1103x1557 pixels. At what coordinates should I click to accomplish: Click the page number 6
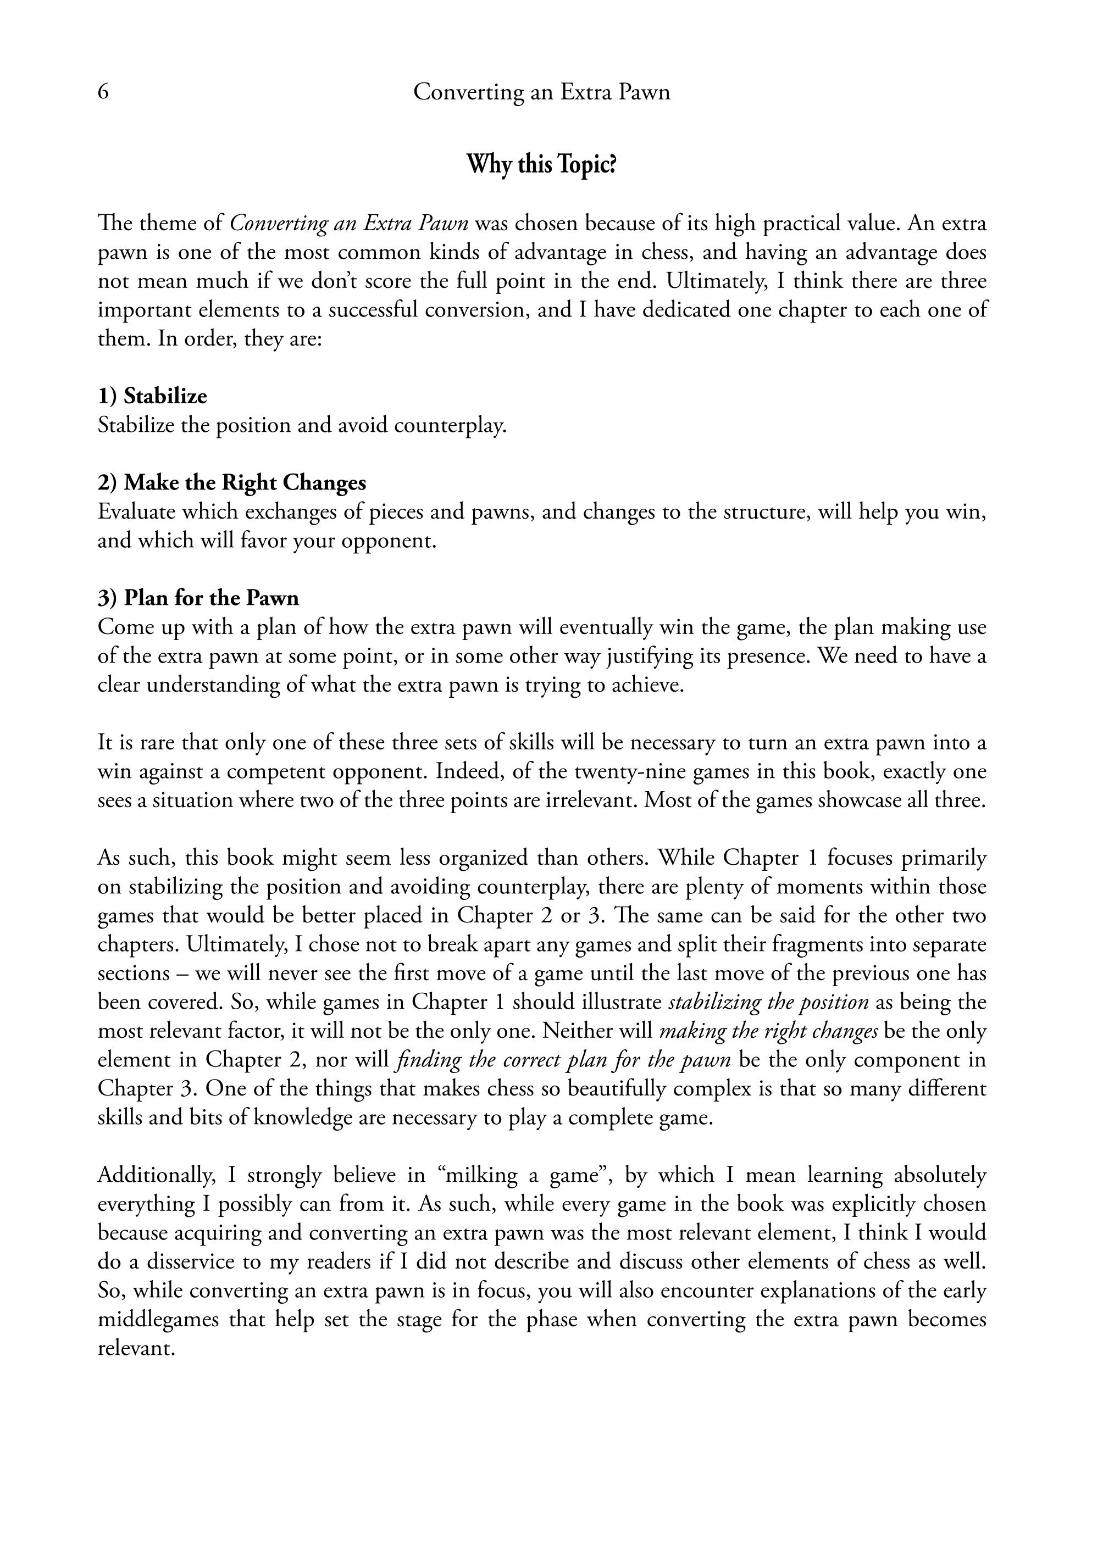click(103, 92)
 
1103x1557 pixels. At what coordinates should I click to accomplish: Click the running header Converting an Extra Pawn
click(541, 92)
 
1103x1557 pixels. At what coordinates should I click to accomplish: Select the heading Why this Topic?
click(541, 165)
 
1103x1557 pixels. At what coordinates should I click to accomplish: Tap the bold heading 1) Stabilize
click(153, 396)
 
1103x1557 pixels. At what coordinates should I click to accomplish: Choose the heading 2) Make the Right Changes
click(231, 483)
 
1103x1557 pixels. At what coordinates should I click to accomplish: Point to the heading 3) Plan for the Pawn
click(198, 598)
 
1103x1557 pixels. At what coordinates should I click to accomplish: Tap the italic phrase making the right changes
click(769, 1031)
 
